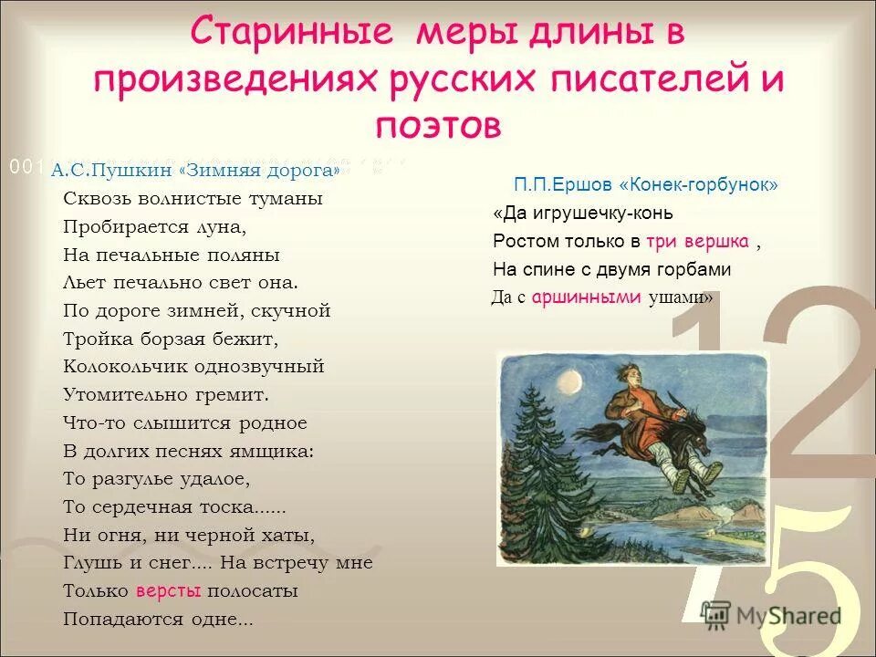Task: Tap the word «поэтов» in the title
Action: point(438,125)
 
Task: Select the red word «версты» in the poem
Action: point(168,590)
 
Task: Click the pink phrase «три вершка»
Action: point(698,242)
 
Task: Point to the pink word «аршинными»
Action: point(587,297)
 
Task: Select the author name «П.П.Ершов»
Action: point(562,185)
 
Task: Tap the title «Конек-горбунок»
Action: point(699,185)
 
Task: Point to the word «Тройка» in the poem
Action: point(94,339)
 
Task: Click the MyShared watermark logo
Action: point(771,616)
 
